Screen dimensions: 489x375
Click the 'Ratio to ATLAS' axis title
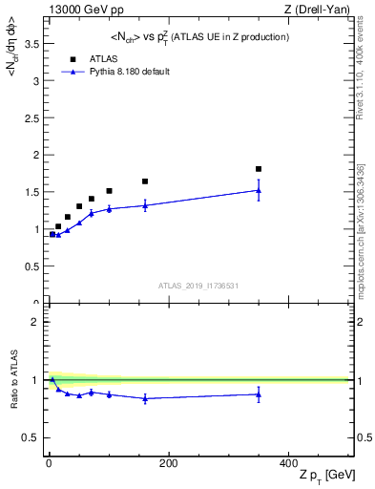point(12,380)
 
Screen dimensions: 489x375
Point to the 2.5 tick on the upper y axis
point(31,117)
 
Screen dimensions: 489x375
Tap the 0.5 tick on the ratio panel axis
point(31,437)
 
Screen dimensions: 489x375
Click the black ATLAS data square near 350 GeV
point(259,169)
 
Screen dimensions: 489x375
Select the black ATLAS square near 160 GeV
point(145,181)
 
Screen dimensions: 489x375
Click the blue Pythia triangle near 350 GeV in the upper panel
point(259,190)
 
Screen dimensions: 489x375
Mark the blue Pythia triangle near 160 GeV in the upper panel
point(145,205)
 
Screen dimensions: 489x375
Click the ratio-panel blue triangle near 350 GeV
point(259,393)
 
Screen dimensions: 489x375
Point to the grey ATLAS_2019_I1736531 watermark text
point(198,285)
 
